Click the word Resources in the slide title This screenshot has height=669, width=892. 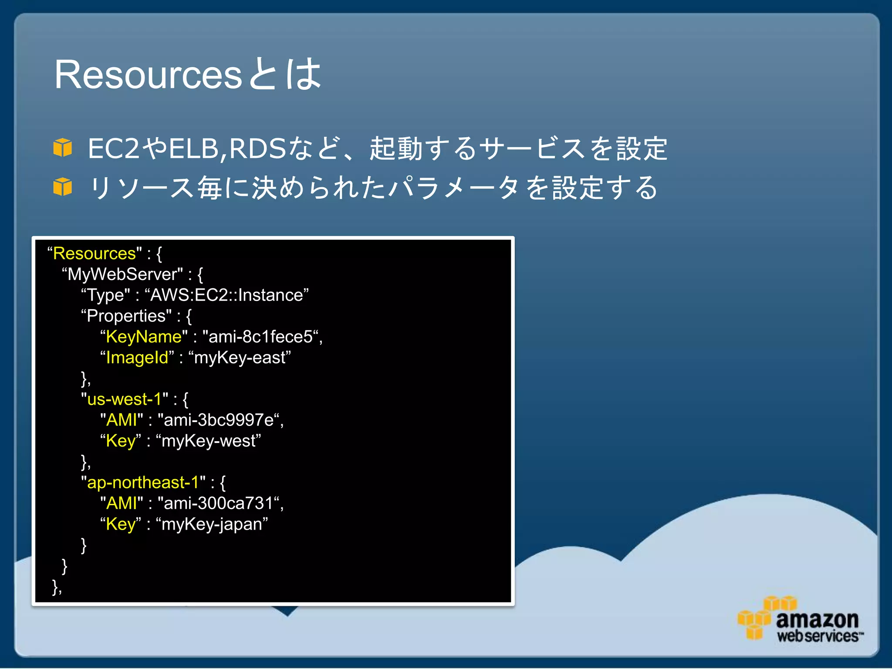148,75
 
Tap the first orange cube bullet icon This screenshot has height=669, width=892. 63,148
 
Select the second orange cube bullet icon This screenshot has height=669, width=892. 63,187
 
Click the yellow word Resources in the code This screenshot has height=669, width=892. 95,253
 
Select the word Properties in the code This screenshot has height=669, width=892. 126,316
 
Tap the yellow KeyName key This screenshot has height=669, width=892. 144,337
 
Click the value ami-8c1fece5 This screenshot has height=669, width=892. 260,337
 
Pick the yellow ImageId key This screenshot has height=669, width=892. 137,358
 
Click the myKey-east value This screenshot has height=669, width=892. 240,358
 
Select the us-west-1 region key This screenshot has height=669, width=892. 125,399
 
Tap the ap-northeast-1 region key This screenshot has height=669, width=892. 143,483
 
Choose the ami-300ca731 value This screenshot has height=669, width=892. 218,503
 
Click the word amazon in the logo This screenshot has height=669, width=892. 817,619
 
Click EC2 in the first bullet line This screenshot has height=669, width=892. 113,149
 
